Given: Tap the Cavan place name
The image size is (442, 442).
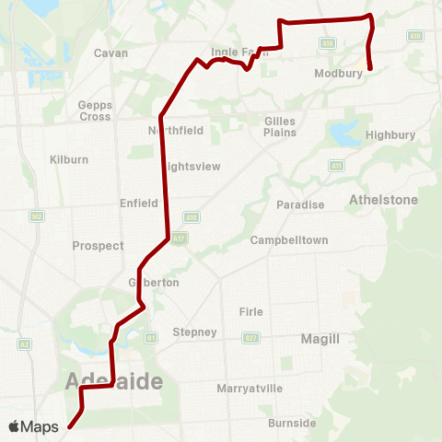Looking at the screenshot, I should [x=111, y=53].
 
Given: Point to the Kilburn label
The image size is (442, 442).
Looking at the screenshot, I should [x=69, y=159].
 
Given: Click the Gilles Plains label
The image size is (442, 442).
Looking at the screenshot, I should [x=280, y=127].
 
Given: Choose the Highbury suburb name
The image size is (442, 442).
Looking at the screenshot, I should [x=391, y=134].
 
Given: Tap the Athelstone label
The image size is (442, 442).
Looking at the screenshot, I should [x=384, y=199].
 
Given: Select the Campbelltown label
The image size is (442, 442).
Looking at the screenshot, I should [x=289, y=240].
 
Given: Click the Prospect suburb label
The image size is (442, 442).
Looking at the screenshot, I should [x=98, y=246].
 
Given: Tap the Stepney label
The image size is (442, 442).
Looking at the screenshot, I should [x=194, y=331].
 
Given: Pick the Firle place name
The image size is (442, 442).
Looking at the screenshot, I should [x=251, y=311].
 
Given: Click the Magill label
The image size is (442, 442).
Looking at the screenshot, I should [x=320, y=339].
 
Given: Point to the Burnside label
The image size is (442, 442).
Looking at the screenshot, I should [x=292, y=424].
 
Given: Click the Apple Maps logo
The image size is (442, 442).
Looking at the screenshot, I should [x=36, y=426].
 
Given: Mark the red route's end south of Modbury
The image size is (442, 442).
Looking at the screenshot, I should [x=370, y=68].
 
